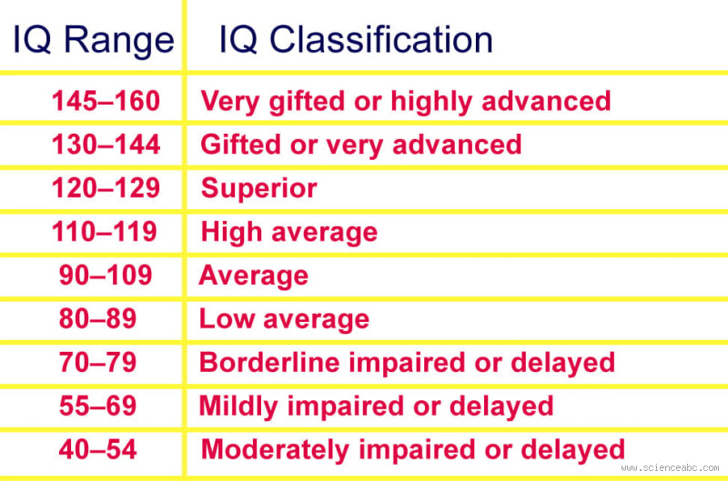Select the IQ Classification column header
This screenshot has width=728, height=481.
tap(355, 41)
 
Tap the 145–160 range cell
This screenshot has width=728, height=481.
tap(106, 100)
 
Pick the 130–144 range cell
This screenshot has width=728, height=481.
tap(106, 145)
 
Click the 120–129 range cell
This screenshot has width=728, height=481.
tap(106, 188)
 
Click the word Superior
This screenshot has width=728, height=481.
tap(259, 188)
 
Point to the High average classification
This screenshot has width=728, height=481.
tap(288, 232)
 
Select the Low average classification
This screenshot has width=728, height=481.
tap(284, 319)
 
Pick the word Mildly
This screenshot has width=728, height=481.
tap(238, 406)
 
